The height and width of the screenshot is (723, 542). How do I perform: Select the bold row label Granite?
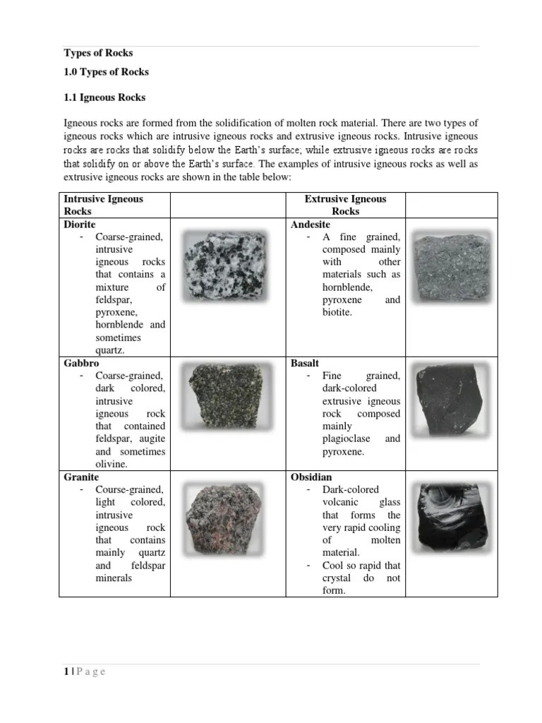tap(81, 477)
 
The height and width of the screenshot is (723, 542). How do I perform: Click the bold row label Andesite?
tap(310, 224)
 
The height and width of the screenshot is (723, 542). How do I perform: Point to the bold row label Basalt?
tap(305, 363)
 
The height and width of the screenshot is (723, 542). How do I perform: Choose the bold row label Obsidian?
tap(311, 477)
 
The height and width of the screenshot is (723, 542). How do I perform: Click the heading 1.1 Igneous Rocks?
tap(104, 97)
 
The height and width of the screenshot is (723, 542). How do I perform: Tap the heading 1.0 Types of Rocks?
tap(106, 72)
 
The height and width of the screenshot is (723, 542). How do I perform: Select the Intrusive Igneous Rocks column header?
tap(103, 205)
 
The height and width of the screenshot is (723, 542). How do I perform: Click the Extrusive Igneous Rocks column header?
tap(345, 205)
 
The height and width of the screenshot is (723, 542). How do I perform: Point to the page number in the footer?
tap(66, 671)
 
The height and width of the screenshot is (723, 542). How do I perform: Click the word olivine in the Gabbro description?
tap(111, 464)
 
